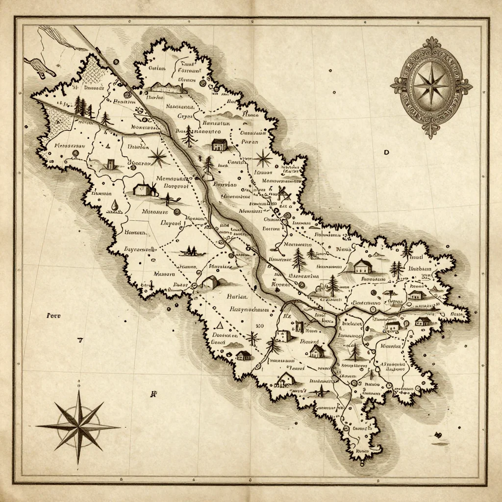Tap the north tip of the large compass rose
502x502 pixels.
tap(78, 381)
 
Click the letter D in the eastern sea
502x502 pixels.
tap(386, 152)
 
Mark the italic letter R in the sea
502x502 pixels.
tap(153, 393)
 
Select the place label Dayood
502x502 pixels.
tap(171, 223)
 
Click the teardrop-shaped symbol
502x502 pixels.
tap(114, 206)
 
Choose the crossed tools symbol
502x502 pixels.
tap(282, 193)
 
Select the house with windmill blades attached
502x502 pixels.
tap(144, 189)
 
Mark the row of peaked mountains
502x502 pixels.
tap(169, 87)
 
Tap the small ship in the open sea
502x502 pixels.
tap(440, 435)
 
